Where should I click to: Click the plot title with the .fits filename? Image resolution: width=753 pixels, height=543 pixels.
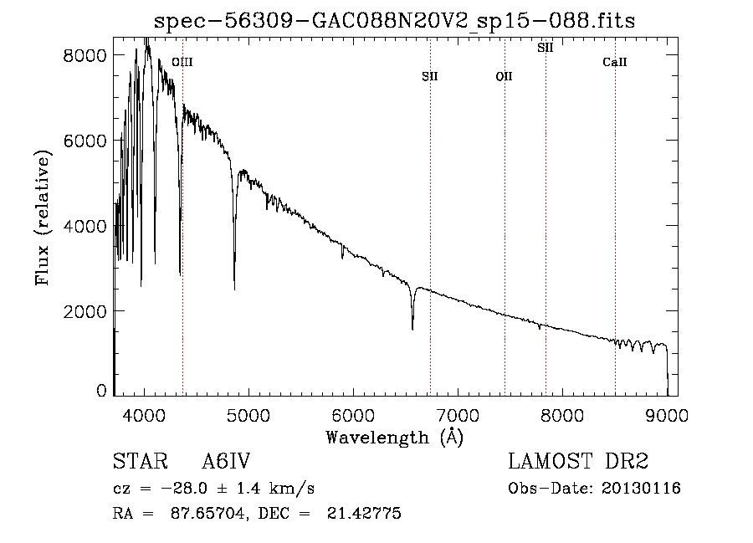pyautogui.click(x=394, y=21)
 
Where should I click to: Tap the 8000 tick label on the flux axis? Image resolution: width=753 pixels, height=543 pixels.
pyautogui.click(x=85, y=55)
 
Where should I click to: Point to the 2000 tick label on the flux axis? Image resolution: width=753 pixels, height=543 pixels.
pyautogui.click(x=85, y=311)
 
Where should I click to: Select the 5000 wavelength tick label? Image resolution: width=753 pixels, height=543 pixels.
pyautogui.click(x=248, y=415)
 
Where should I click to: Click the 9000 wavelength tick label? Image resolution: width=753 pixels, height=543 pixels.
pyautogui.click(x=667, y=415)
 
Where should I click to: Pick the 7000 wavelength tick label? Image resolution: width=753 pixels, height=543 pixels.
pyautogui.click(x=458, y=415)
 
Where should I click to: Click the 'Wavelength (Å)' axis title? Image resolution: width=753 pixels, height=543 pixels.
pyautogui.click(x=395, y=437)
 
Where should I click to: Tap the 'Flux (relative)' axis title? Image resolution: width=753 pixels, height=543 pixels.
pyautogui.click(x=43, y=218)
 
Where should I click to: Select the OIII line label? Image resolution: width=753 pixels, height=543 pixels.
pyautogui.click(x=182, y=62)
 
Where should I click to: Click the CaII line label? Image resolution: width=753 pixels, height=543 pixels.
pyautogui.click(x=615, y=62)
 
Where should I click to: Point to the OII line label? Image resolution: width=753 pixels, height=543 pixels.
pyautogui.click(x=505, y=76)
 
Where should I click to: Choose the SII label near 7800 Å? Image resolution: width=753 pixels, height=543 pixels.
pyautogui.click(x=545, y=48)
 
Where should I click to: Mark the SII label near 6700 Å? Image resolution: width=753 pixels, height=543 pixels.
pyautogui.click(x=430, y=76)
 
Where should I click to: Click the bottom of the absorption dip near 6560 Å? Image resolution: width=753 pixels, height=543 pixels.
pyautogui.click(x=412, y=330)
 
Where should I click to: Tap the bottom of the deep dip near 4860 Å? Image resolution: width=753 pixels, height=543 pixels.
pyautogui.click(x=234, y=289)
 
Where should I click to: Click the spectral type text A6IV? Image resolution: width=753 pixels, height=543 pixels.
pyautogui.click(x=226, y=461)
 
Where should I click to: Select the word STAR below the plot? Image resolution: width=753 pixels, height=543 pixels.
pyautogui.click(x=141, y=461)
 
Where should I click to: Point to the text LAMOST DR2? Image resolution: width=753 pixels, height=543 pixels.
pyautogui.click(x=578, y=461)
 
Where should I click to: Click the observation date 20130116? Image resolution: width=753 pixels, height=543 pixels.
pyautogui.click(x=641, y=489)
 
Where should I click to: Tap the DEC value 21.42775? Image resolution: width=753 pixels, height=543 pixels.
pyautogui.click(x=364, y=513)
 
